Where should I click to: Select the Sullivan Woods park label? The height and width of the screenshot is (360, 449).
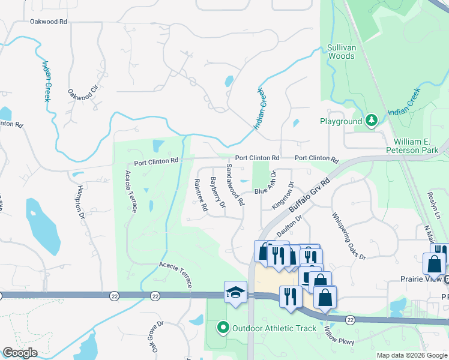(340, 52)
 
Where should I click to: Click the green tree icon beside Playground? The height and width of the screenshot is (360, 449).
(372, 121)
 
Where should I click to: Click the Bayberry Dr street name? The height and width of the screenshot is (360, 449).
(217, 192)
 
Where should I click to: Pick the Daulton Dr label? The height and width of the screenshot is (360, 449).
(289, 227)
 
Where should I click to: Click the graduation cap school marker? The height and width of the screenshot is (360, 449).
(235, 292)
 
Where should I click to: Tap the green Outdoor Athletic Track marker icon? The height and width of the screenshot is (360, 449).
(223, 328)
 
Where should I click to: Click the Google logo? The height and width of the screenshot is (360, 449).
(20, 353)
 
